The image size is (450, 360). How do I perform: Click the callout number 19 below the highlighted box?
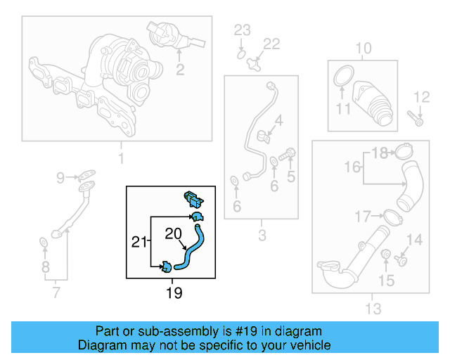tap(173, 292)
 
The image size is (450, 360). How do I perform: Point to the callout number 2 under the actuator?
tap(180, 69)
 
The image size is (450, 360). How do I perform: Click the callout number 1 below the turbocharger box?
tap(120, 159)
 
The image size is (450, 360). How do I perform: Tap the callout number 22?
tap(271, 44)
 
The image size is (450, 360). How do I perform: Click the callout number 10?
tap(362, 49)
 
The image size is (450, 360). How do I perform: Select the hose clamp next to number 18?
tap(404, 151)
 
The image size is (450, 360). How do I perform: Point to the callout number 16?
tap(354, 167)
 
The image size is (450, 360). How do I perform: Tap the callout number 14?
tap(415, 240)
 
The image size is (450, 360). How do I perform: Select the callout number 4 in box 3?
tap(279, 120)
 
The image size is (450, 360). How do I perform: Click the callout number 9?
tap(60, 176)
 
